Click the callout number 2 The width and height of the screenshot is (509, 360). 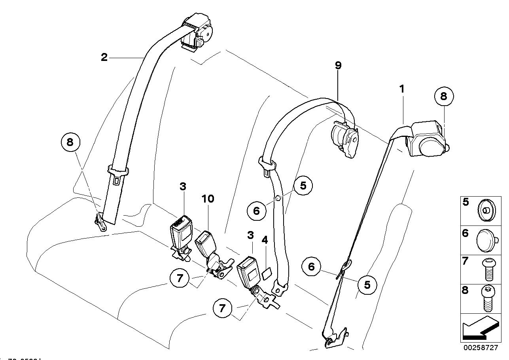[104, 58]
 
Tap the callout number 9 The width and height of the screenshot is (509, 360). [338, 65]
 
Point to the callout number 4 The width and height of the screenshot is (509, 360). [265, 240]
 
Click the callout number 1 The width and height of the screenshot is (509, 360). [402, 89]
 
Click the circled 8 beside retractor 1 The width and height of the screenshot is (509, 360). [443, 96]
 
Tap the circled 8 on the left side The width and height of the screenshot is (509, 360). [70, 142]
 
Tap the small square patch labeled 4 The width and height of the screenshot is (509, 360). [267, 272]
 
